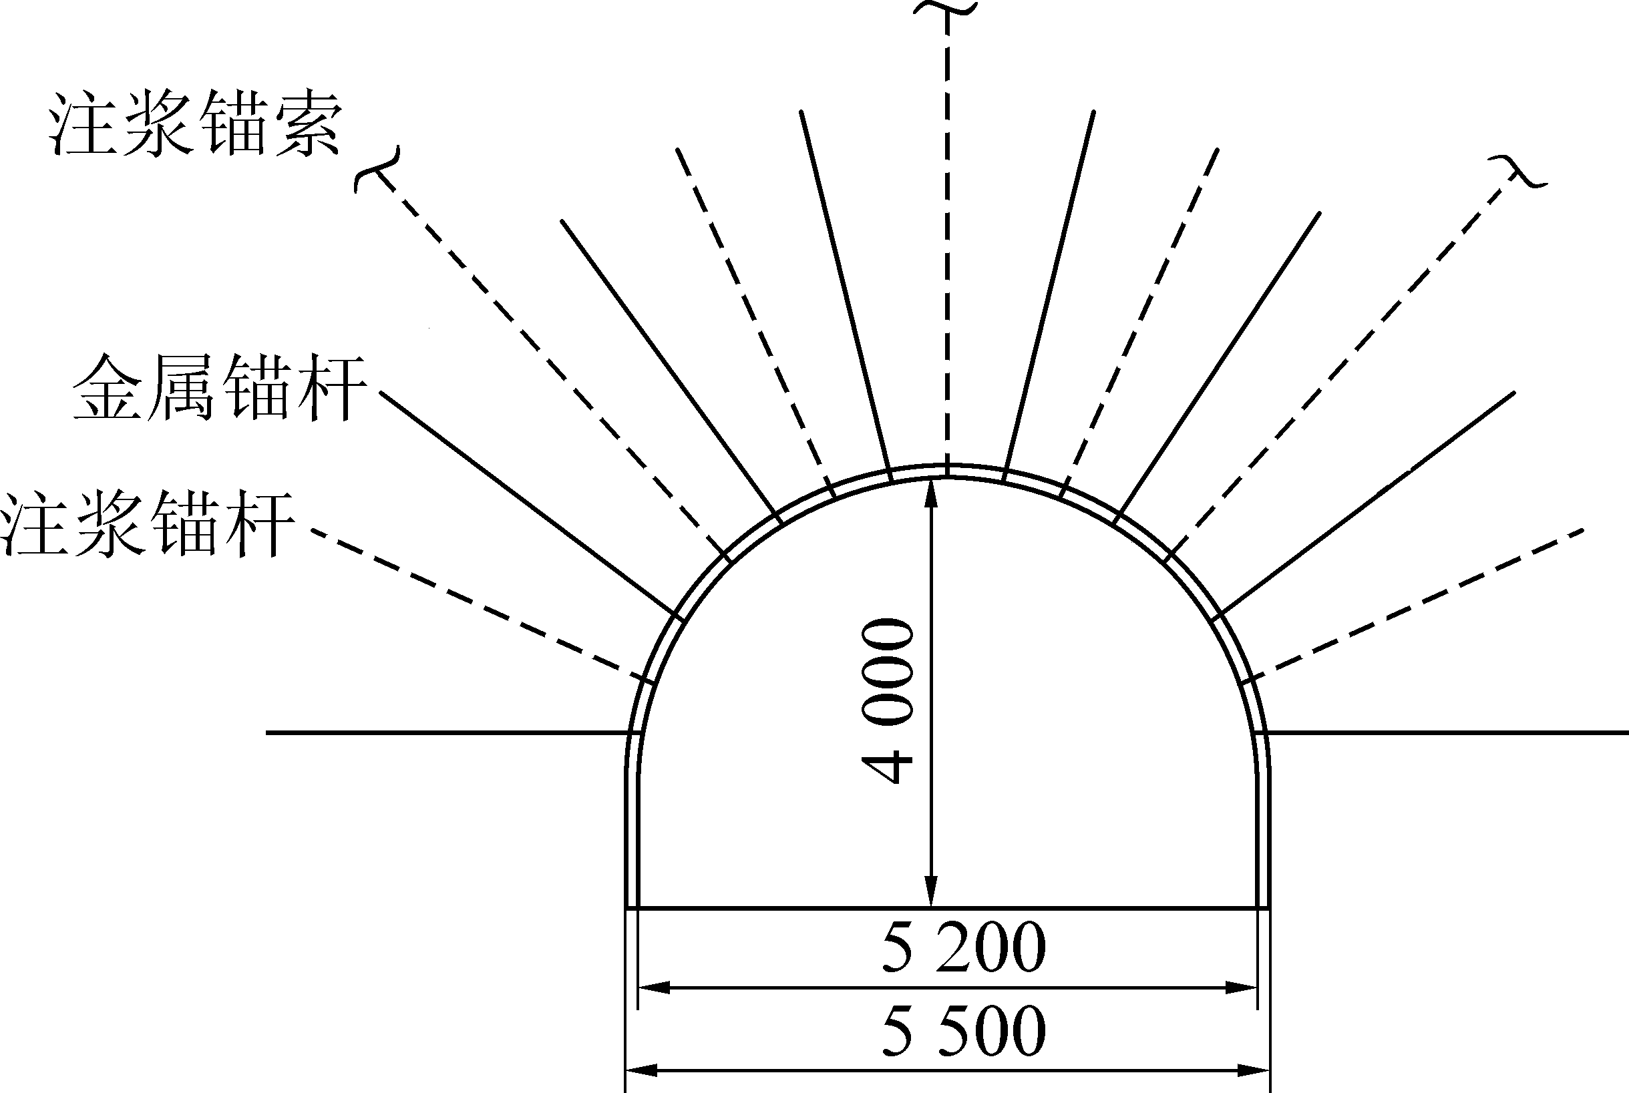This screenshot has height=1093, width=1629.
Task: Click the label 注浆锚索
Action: pos(195,126)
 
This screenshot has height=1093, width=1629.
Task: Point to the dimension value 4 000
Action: pos(887,700)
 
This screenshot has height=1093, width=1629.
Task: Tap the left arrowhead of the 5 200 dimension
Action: pos(652,988)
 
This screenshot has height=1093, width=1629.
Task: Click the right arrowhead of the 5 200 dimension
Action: pos(1243,988)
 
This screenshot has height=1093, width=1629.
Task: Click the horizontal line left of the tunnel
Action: pos(446,732)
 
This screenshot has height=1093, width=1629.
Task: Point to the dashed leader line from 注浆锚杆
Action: pos(474,603)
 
